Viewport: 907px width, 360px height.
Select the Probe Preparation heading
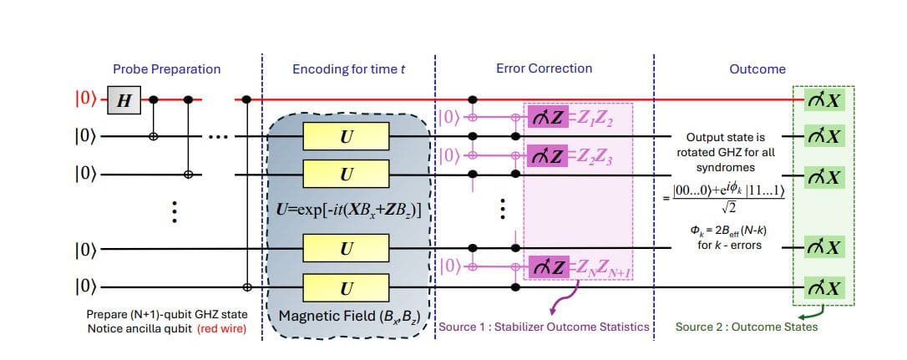click(x=168, y=68)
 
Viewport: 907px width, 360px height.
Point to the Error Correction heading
click(x=543, y=68)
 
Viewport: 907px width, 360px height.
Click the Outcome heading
click(x=758, y=69)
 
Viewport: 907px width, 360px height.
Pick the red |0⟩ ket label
click(x=86, y=100)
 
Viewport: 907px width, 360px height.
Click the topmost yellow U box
click(x=347, y=136)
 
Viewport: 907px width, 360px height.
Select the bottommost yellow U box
click(x=347, y=287)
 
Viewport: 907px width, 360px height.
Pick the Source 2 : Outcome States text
click(x=746, y=327)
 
